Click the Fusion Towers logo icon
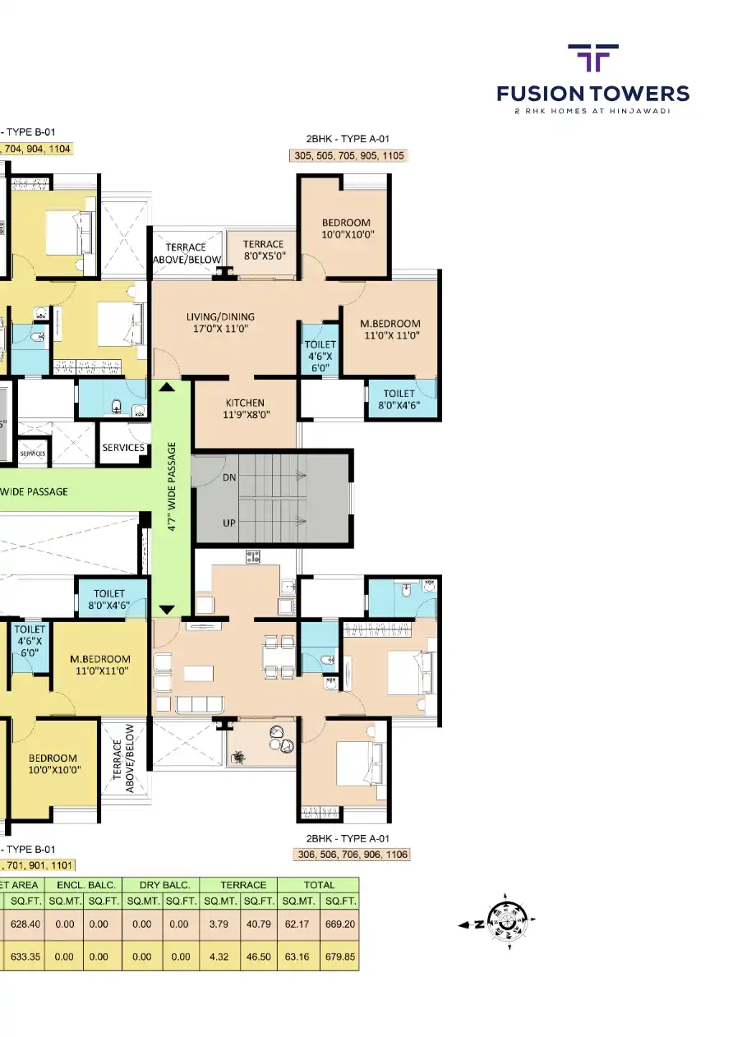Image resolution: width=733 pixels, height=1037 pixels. coord(593,60)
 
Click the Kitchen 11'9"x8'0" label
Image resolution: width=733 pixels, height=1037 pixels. coord(245,408)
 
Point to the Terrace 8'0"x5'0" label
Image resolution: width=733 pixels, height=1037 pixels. coord(263,250)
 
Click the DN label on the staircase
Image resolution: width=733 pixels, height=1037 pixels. coord(230,477)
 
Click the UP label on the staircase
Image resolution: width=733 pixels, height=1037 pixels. coord(230,523)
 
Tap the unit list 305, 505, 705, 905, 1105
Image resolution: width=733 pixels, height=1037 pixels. coord(349,155)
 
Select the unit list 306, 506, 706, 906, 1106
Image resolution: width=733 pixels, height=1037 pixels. coord(351,855)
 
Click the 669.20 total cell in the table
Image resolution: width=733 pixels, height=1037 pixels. coord(339,924)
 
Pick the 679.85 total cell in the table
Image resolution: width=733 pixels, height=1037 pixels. coord(339,956)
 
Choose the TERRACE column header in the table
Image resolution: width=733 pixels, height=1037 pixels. coord(243,885)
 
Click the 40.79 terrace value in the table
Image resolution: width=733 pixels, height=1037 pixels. coord(258,924)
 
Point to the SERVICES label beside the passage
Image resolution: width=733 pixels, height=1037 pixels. coord(123,448)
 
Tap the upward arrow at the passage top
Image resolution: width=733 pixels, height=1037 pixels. coord(167,387)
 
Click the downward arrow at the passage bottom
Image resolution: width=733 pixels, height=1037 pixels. coord(167,609)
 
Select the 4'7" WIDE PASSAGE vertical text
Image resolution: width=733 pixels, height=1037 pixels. coord(172,488)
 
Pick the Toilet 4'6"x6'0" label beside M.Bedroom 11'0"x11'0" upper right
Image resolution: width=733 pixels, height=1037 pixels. coord(320,357)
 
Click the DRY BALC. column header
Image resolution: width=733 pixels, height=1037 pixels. coord(160,885)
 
